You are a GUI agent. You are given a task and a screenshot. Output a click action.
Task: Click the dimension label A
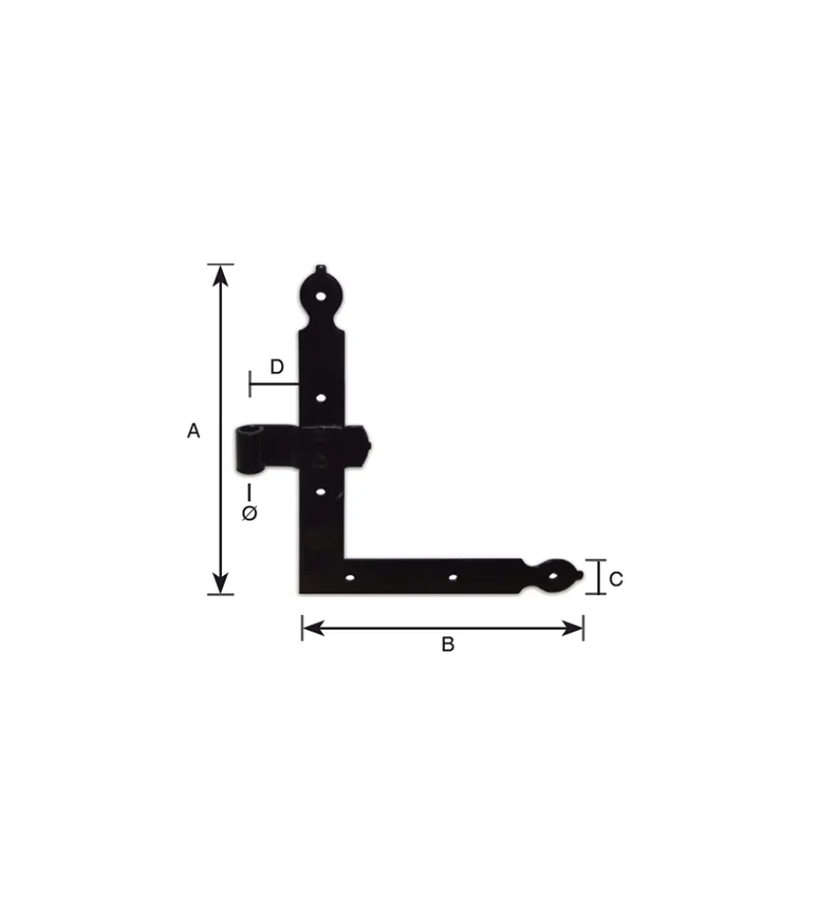193,430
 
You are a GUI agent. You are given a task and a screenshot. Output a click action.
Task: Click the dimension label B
448,644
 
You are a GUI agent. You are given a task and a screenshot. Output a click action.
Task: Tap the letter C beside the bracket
615,579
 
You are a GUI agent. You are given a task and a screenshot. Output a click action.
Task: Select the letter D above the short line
277,367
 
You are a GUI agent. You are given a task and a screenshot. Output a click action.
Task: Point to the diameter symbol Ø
249,513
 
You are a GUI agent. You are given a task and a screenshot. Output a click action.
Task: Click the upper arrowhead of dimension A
220,275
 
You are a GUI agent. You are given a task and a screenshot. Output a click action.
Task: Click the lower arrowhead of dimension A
220,583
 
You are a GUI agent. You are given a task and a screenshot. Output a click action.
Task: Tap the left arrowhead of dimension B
313,628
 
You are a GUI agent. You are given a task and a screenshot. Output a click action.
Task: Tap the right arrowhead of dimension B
572,628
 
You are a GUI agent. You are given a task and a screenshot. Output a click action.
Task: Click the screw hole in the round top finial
320,297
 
